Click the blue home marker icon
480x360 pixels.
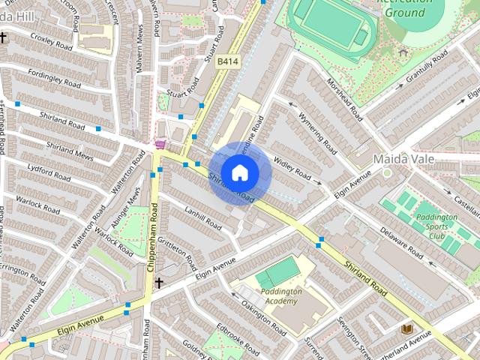point(239,172)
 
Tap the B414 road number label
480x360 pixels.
point(226,61)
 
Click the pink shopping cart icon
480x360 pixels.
point(160,143)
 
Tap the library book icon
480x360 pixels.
point(407,328)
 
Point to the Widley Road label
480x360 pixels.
point(292,167)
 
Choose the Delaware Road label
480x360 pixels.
point(403,244)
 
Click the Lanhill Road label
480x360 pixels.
point(201,217)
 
